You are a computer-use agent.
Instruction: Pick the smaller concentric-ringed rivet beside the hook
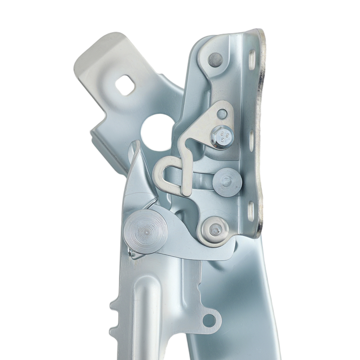pos(227,182)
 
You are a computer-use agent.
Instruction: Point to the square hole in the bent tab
pos(125,86)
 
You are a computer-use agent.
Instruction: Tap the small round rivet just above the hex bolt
pos(222,114)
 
